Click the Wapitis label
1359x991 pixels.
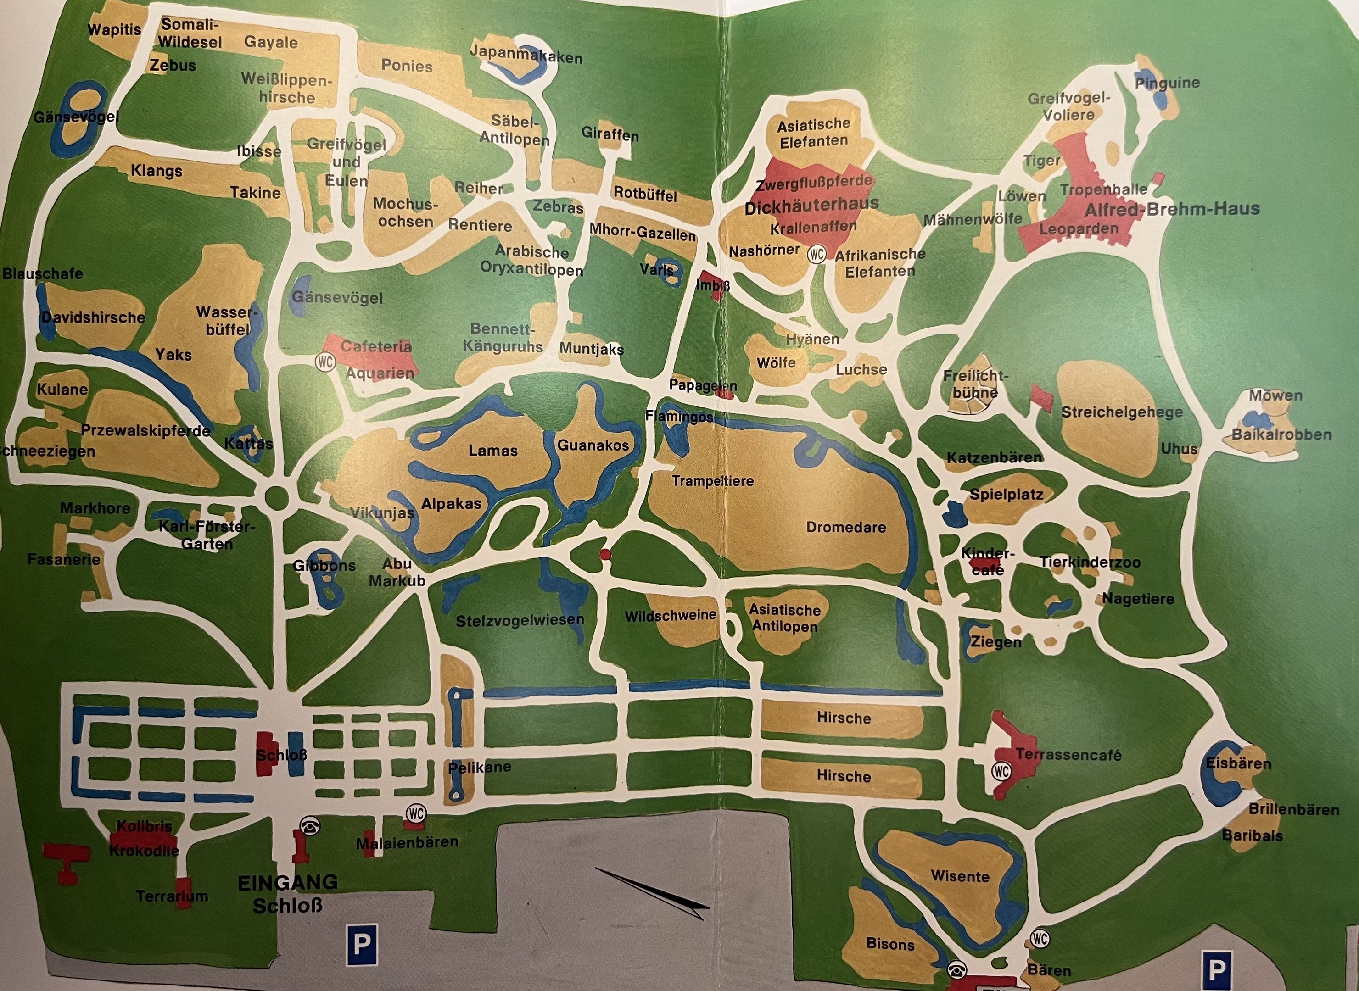[x=114, y=30]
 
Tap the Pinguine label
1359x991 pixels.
[x=1167, y=83]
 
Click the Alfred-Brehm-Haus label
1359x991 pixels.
[x=1171, y=209]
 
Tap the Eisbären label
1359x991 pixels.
[x=1238, y=763]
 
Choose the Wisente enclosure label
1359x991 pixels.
[x=960, y=876]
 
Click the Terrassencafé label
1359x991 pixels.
[x=1068, y=755]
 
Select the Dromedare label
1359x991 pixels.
[x=846, y=527]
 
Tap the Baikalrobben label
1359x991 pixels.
[x=1281, y=434]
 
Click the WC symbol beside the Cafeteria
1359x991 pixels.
[x=325, y=362]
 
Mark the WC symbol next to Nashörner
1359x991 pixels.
[x=817, y=254]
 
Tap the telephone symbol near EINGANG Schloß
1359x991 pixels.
[x=310, y=826]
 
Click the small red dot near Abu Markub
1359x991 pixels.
[x=605, y=554]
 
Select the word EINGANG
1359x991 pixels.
[x=287, y=882]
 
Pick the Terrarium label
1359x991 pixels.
[x=172, y=896]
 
